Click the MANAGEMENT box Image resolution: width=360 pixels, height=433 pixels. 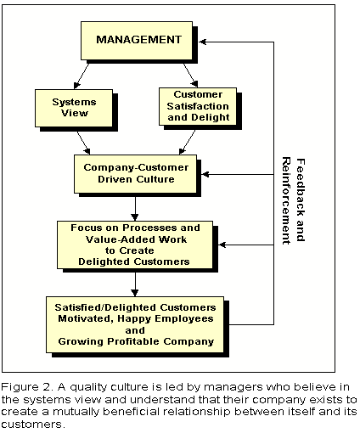click(x=137, y=41)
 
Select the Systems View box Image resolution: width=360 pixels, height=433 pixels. click(x=74, y=108)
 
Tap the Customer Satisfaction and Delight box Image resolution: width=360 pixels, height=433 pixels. click(x=198, y=106)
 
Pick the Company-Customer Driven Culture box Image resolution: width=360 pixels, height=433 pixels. click(x=135, y=174)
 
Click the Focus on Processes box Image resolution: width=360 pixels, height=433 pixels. click(x=135, y=245)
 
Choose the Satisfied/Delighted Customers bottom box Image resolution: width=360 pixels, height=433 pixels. click(x=135, y=324)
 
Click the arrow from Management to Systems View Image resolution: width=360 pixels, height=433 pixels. click(x=82, y=76)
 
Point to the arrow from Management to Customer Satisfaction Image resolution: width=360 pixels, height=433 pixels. click(x=191, y=76)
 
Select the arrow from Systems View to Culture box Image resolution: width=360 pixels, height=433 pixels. click(x=83, y=143)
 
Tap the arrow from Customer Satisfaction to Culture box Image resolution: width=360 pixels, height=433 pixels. click(x=187, y=142)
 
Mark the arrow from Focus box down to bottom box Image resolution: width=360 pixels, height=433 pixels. click(x=135, y=284)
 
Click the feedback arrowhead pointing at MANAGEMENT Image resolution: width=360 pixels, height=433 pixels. click(x=203, y=42)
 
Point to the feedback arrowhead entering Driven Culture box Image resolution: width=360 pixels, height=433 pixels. click(x=205, y=174)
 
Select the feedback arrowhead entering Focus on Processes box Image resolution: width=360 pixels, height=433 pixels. click(x=222, y=245)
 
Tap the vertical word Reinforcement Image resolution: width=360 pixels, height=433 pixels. click(x=286, y=200)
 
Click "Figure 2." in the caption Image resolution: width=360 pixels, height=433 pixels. click(x=27, y=386)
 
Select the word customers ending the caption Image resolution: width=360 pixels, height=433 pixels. click(x=33, y=425)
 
